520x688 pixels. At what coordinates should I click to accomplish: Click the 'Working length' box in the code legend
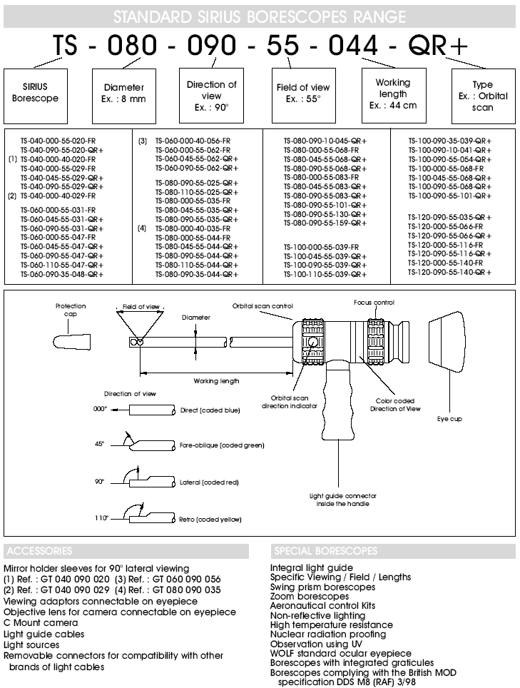[392, 93]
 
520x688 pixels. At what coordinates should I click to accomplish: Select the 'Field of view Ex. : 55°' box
[302, 93]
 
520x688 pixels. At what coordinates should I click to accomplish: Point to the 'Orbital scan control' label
[262, 306]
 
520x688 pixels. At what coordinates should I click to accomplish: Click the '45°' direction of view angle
[99, 444]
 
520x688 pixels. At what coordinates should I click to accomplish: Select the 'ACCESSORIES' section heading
[38, 551]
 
